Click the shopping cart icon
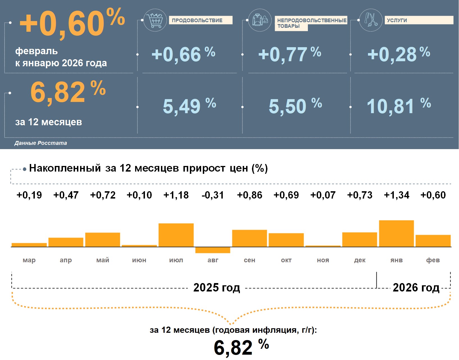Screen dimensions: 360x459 [x=155, y=20]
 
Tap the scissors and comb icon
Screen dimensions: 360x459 [x=371, y=20]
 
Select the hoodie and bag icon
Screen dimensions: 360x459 [x=260, y=20]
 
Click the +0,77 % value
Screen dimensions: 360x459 [x=289, y=54]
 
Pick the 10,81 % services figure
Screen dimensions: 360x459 [x=399, y=106]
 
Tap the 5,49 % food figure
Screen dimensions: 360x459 [x=189, y=106]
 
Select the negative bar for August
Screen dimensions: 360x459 [x=213, y=250]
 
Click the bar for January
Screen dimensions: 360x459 [x=396, y=233]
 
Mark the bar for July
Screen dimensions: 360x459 [x=176, y=235]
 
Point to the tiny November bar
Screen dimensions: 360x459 [x=323, y=246]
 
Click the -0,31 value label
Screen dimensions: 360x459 [x=213, y=195]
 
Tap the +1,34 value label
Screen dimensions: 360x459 [x=396, y=195]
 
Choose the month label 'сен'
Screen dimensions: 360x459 [x=249, y=260]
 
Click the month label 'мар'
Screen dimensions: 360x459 [x=29, y=260]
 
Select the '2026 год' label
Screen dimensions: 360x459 [x=416, y=288]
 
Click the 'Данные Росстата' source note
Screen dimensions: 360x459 [x=41, y=143]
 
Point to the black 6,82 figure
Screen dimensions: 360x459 [x=233, y=348]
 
